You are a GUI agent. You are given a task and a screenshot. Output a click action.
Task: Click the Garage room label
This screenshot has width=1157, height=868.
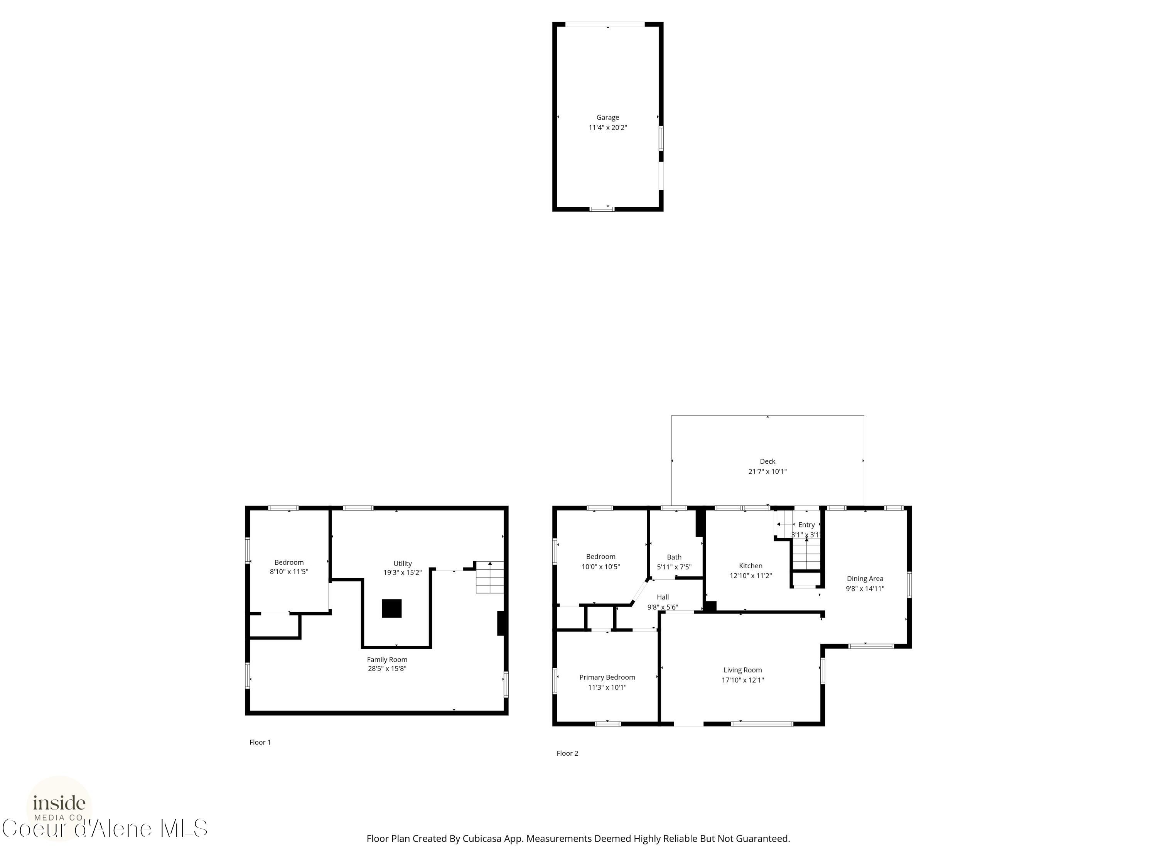[607, 118]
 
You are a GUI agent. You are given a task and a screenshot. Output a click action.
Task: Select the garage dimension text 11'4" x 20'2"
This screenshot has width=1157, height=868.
[607, 128]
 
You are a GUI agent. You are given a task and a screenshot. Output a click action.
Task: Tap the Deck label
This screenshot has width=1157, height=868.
[767, 461]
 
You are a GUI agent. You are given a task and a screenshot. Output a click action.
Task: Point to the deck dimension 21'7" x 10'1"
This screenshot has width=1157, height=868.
[767, 471]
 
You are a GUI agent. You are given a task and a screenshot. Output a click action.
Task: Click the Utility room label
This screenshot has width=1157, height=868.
[402, 564]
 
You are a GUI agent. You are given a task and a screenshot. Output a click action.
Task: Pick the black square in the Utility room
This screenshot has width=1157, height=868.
[391, 608]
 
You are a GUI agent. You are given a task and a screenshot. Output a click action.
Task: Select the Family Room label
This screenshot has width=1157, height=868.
[387, 660]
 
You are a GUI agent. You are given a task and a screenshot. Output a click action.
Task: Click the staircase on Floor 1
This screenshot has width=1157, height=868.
[489, 577]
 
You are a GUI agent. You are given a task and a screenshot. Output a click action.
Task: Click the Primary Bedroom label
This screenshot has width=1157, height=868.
[607, 677]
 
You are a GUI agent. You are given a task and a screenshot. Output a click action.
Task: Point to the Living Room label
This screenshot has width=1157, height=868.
[742, 670]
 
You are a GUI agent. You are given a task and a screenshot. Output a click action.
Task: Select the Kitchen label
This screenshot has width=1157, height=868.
[751, 566]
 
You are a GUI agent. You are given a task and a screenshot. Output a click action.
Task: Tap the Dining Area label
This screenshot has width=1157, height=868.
[865, 579]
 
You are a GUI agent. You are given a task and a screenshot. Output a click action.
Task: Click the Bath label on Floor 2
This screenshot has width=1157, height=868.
[674, 557]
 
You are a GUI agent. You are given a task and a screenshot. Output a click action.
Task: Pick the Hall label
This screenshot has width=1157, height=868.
[663, 597]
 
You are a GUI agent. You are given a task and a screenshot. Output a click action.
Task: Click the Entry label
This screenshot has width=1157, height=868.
[806, 525]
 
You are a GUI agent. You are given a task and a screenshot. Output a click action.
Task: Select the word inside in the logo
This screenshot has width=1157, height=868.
[59, 802]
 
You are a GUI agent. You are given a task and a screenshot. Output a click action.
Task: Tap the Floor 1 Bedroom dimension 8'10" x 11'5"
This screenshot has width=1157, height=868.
[289, 572]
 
